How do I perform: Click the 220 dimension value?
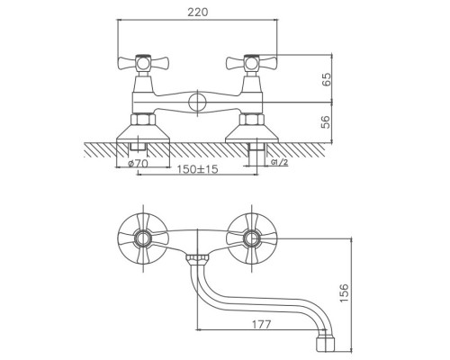[x=197, y=13]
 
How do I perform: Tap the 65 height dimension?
[x=326, y=79]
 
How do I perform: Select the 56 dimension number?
[x=326, y=122]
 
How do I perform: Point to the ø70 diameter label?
[x=138, y=164]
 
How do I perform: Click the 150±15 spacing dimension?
[x=197, y=169]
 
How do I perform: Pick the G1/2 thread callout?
[x=279, y=163]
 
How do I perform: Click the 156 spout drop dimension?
[x=344, y=292]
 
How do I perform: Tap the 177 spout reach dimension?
[x=262, y=324]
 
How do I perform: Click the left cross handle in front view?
[x=143, y=63]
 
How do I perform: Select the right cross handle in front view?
[x=251, y=63]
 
